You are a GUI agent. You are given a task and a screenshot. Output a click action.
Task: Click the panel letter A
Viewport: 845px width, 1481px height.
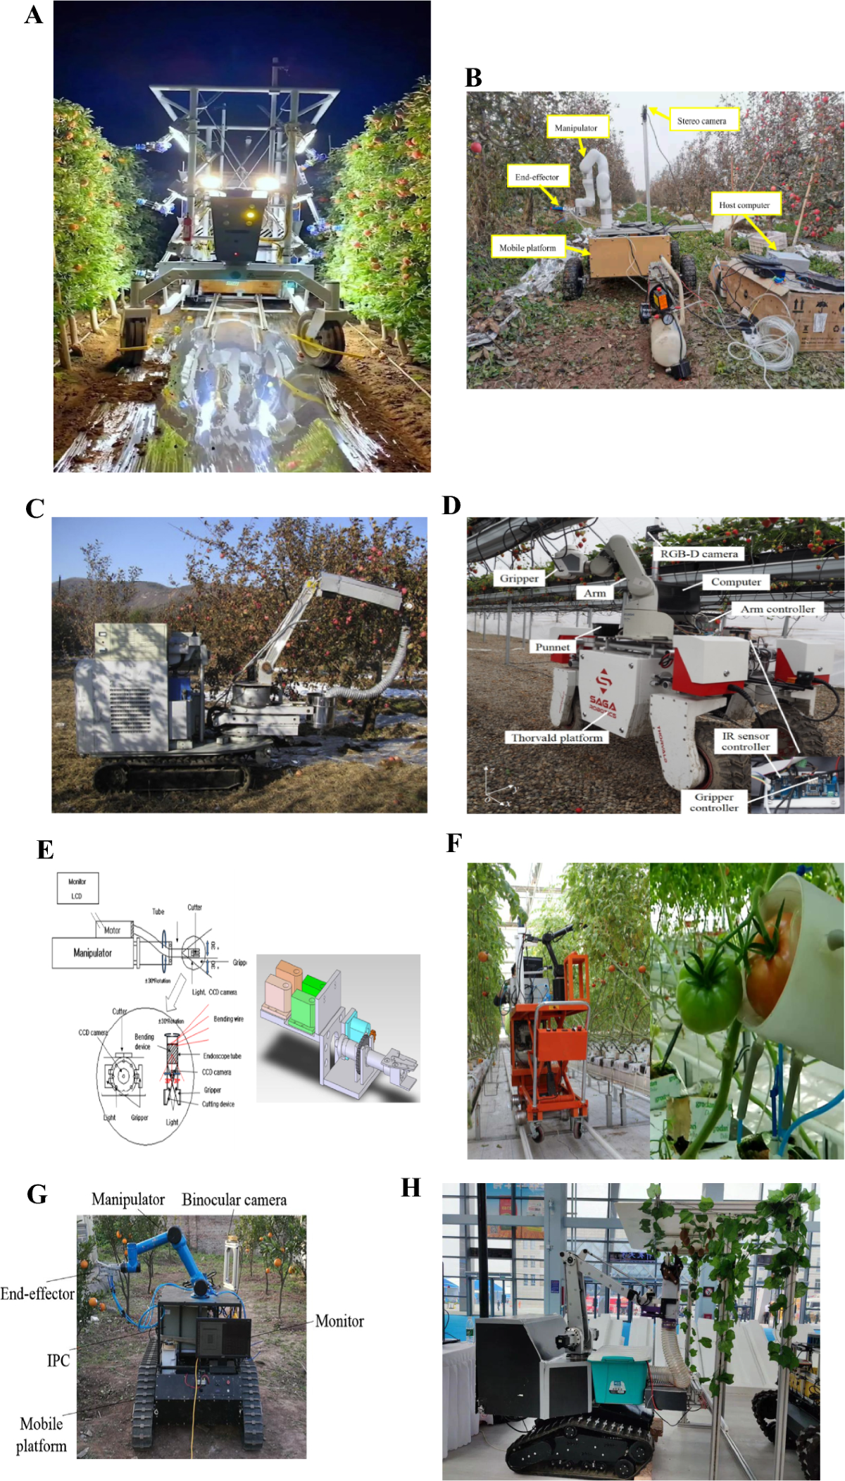(33, 15)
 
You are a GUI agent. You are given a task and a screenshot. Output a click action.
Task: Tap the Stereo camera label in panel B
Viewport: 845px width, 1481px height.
(702, 120)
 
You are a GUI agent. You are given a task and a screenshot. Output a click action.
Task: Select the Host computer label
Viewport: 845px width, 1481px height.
(744, 205)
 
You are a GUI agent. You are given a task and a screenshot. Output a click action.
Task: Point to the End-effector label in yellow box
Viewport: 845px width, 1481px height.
(537, 177)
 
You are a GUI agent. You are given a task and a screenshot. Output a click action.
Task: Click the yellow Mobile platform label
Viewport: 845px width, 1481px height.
(527, 247)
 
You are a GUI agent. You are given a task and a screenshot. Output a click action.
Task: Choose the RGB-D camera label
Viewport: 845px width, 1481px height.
(699, 554)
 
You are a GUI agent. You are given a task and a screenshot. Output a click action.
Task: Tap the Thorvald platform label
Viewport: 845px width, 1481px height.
(557, 737)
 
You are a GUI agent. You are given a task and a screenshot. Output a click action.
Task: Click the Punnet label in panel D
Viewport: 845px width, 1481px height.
(553, 646)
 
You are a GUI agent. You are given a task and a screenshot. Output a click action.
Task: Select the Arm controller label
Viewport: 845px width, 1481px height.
(777, 608)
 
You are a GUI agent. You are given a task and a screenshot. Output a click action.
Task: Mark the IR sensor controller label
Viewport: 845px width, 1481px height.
(746, 741)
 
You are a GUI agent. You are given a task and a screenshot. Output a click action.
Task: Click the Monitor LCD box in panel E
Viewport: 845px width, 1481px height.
(77, 888)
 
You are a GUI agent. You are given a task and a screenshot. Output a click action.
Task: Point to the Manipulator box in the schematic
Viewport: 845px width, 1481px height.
(92, 953)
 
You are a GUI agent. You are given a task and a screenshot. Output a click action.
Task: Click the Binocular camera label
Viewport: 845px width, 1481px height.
(234, 1200)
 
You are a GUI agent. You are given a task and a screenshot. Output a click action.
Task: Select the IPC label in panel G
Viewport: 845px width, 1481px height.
(58, 1360)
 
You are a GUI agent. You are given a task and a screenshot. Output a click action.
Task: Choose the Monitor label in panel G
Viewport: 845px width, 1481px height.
(339, 1321)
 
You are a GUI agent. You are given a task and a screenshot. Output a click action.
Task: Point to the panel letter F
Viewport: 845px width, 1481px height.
(454, 843)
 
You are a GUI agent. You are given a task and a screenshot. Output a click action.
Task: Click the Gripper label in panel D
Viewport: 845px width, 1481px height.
(519, 578)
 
